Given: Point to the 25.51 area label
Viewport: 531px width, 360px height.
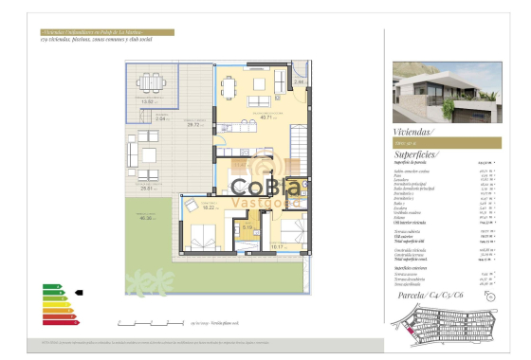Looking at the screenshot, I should [147, 189].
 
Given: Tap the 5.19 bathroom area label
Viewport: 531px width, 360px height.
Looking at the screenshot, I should [246, 227].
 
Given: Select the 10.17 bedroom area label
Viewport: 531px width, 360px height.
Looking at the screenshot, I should [277, 245].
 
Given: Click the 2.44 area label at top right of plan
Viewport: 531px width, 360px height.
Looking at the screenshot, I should [299, 82].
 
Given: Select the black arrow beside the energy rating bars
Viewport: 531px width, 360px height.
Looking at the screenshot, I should [79, 293].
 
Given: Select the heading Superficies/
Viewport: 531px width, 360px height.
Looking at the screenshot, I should [416, 153].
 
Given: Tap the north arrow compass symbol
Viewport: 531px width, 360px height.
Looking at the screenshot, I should [493, 296].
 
